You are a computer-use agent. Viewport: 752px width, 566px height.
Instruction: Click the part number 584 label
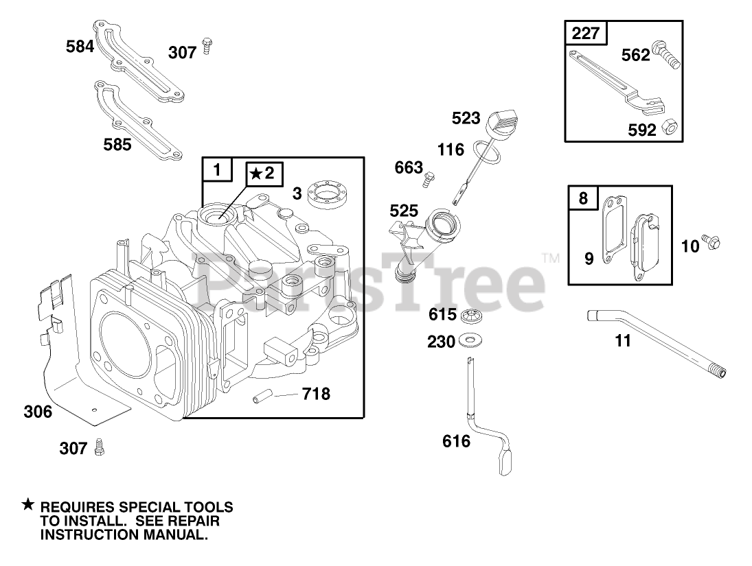(x=80, y=47)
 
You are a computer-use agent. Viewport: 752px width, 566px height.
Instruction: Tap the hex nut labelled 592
(x=667, y=127)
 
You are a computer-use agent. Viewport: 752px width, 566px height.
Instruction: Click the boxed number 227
(x=585, y=33)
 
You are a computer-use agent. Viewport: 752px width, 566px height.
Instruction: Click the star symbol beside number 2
(x=255, y=174)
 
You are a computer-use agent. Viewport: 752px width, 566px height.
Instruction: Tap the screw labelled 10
(x=714, y=241)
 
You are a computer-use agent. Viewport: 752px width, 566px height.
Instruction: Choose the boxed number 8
(x=583, y=198)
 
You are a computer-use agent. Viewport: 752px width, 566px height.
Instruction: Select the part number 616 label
(x=456, y=441)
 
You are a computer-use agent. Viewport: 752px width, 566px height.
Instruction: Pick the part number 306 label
(x=37, y=412)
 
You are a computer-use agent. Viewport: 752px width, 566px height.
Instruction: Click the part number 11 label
(x=622, y=340)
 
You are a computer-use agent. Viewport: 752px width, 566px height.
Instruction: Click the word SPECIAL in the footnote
(x=149, y=508)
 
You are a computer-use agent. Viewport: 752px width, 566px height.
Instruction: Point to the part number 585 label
(x=118, y=145)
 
